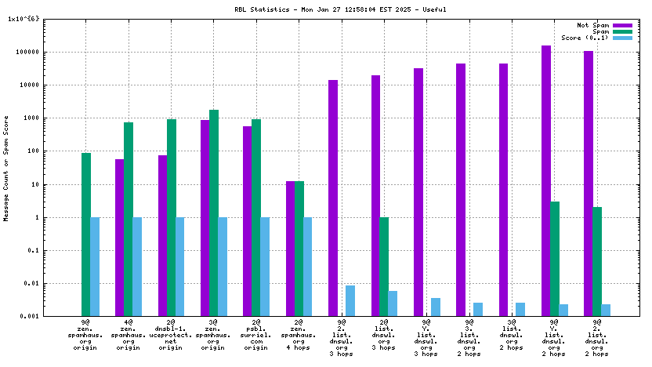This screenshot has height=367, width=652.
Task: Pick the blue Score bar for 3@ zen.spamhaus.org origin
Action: pyautogui.click(x=223, y=267)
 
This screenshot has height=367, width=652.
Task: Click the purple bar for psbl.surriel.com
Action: pyautogui.click(x=247, y=220)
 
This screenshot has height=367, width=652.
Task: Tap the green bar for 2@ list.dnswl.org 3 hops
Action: pyautogui.click(x=384, y=267)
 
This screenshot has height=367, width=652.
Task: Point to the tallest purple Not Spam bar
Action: pyautogui.click(x=545, y=180)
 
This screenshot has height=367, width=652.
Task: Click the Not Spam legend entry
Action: pyautogui.click(x=592, y=25)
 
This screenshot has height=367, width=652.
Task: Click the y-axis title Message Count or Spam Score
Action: pyautogui.click(x=7, y=168)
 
